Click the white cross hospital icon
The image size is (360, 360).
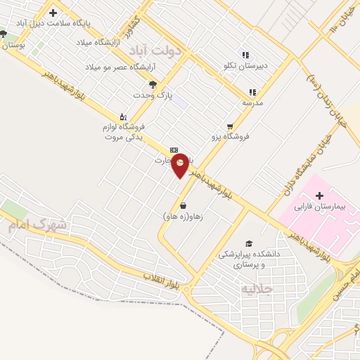(x=320, y=195)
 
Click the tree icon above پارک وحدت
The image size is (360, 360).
(x=153, y=84)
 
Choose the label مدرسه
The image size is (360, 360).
(x=252, y=103)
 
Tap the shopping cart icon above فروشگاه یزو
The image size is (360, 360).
(x=230, y=127)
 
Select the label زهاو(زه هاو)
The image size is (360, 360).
(x=184, y=217)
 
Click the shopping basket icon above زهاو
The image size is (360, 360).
(x=184, y=206)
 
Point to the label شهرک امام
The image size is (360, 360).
(x=37, y=226)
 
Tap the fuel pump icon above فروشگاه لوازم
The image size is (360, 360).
(x=123, y=117)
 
